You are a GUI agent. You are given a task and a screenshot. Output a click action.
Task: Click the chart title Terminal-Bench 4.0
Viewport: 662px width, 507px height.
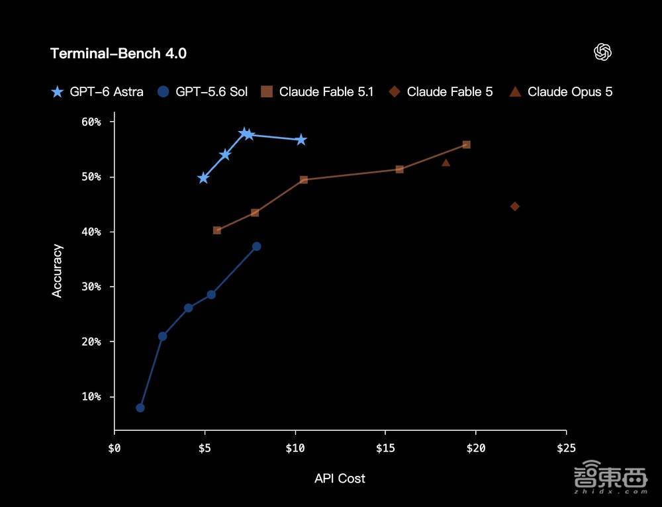tap(118, 54)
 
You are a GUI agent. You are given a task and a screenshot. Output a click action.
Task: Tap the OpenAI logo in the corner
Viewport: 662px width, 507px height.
tap(603, 52)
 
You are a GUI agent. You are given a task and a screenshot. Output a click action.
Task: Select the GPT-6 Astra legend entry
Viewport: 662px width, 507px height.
tap(97, 91)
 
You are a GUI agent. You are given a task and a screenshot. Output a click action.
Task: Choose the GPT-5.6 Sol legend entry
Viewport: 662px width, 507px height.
tap(203, 91)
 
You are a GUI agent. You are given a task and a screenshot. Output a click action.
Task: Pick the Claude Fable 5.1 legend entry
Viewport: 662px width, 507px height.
tap(318, 91)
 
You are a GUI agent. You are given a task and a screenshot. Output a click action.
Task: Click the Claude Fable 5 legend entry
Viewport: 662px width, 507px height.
tap(441, 91)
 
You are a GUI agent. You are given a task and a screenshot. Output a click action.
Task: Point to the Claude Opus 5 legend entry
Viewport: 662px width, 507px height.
tap(561, 91)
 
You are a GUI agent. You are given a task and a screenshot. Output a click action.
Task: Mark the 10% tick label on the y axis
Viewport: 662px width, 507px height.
tap(91, 397)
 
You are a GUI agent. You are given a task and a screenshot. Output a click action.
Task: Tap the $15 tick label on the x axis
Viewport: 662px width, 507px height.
tap(385, 448)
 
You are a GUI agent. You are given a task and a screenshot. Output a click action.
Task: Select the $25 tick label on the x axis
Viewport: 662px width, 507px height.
tap(566, 448)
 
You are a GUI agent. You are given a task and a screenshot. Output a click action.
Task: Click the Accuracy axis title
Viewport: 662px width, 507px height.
tap(57, 271)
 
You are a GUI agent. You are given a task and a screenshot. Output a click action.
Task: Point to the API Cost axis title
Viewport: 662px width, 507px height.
tap(340, 479)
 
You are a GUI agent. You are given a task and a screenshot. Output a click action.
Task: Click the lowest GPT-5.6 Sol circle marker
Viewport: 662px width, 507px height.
tap(140, 408)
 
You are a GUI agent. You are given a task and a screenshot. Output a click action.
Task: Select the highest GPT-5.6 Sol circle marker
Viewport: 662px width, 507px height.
tap(257, 246)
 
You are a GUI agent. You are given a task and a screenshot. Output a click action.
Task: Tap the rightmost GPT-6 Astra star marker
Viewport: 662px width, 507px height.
tap(301, 140)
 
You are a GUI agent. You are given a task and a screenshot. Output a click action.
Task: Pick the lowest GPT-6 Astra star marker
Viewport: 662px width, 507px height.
tap(203, 178)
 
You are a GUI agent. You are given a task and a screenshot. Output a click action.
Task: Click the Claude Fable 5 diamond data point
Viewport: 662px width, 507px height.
tap(514, 207)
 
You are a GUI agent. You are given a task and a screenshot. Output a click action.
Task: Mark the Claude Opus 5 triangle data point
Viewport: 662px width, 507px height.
tap(446, 163)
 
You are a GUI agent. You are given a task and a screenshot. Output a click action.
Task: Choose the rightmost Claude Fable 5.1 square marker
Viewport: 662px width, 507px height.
tap(467, 145)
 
